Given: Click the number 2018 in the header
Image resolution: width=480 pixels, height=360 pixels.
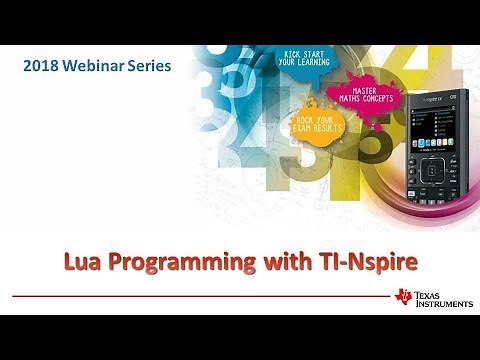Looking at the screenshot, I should pyautogui.click(x=43, y=66).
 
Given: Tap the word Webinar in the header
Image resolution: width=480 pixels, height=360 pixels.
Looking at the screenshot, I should pyautogui.click(x=101, y=66).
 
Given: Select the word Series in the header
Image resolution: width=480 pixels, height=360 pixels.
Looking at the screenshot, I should pyautogui.click(x=154, y=66).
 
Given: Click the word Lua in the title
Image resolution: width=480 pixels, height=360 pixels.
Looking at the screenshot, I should pyautogui.click(x=109, y=263).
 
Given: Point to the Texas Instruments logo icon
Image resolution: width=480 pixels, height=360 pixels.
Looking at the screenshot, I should pyautogui.click(x=405, y=297).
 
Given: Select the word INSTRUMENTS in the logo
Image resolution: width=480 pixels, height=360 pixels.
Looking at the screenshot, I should pyautogui.click(x=440, y=303).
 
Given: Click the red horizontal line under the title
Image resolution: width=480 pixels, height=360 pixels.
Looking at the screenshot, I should pyautogui.click(x=200, y=296).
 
